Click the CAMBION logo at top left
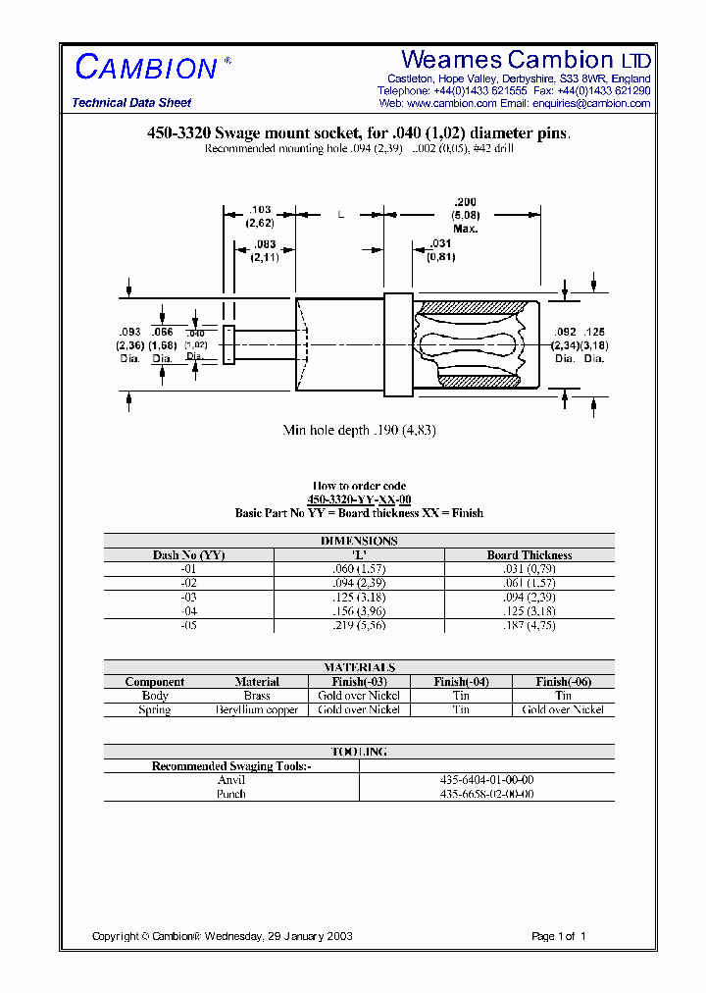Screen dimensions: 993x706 click(x=146, y=67)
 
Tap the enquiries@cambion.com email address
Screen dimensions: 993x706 click(x=590, y=103)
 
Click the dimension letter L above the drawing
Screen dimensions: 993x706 click(x=340, y=214)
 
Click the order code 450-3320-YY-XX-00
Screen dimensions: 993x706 click(x=359, y=499)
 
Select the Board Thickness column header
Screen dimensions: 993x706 click(x=529, y=555)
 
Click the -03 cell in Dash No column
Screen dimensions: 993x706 click(x=189, y=597)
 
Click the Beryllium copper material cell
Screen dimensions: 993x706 click(x=257, y=709)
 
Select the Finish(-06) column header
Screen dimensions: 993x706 click(x=564, y=682)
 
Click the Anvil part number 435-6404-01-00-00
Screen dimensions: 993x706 click(x=486, y=780)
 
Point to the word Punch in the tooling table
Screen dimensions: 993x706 click(x=231, y=794)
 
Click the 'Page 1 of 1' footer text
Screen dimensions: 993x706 click(x=559, y=936)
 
